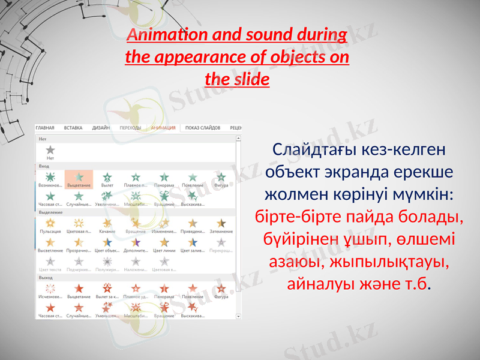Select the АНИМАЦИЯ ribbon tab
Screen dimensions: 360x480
coord(163,128)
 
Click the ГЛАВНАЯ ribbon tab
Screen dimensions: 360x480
coord(45,128)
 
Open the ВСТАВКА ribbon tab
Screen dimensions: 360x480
coord(73,128)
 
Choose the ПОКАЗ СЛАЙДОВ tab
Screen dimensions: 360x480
coord(203,128)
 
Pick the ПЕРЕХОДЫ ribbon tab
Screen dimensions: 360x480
coord(130,128)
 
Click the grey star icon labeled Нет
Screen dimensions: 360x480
coord(50,150)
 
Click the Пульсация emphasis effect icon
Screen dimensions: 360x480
coord(50,224)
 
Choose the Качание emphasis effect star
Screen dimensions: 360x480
coord(107,224)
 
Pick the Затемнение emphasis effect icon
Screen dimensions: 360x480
coord(221,224)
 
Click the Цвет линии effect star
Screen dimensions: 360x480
coord(164,244)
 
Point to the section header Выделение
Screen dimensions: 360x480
coord(50,212)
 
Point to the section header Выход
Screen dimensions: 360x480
coord(45,278)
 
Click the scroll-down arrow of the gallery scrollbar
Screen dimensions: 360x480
coord(238,316)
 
